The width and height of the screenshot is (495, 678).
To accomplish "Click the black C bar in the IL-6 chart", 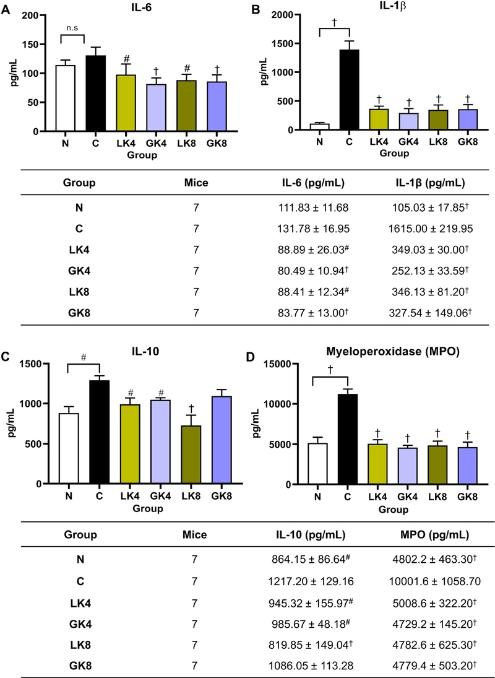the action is coord(95,93).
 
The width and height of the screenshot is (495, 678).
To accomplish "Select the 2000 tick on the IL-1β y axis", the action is coord(280,15).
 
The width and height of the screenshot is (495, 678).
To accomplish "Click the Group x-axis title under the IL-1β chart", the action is coord(393,154).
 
